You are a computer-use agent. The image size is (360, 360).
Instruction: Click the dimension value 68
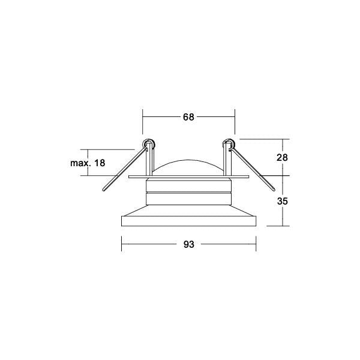tap(188, 117)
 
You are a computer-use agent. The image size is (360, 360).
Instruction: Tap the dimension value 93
tap(189, 245)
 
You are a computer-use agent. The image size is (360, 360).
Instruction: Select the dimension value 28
tap(282, 158)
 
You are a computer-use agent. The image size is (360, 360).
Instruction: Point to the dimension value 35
tap(282, 202)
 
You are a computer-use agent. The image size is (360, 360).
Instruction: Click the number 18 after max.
tap(100, 163)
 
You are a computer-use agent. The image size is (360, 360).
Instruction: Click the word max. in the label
tap(80, 163)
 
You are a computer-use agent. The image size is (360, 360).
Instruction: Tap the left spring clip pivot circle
tap(149, 144)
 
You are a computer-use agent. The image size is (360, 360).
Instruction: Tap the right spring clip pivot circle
tap(229, 144)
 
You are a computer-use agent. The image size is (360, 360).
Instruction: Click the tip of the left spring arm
tap(104, 190)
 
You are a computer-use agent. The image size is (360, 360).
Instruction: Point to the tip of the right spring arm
tap(274, 190)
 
